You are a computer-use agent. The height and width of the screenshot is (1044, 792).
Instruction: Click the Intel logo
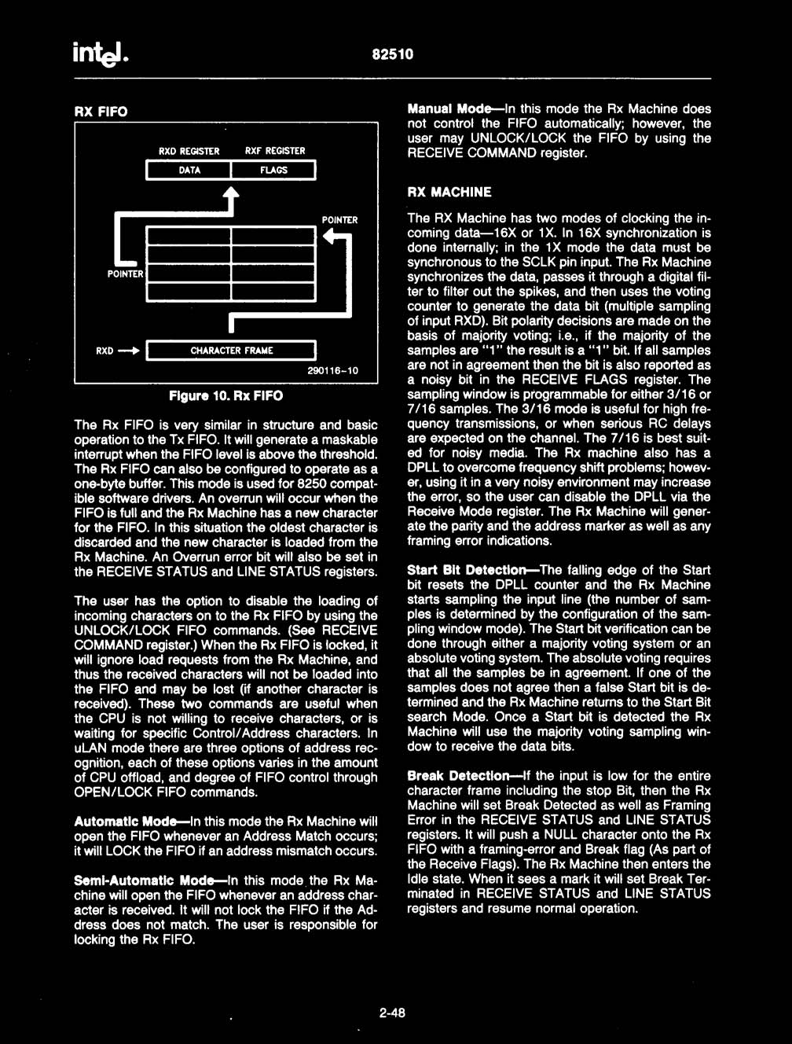click(100, 53)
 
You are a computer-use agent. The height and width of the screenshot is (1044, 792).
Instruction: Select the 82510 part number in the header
click(392, 54)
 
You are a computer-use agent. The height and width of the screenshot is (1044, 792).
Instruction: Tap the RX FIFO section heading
click(101, 112)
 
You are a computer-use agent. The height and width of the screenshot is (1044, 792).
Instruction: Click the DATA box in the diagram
click(189, 171)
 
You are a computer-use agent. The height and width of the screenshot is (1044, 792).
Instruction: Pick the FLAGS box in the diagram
click(273, 171)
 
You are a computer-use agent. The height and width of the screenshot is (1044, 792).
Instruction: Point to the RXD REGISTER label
click(189, 151)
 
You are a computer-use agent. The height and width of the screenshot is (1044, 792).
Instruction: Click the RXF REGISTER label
click(275, 151)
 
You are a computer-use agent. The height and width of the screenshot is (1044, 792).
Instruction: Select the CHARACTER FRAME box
click(231, 351)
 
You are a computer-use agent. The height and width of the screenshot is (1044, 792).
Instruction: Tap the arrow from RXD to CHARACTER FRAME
click(129, 351)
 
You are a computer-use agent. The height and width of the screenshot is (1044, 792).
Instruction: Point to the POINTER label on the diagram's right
click(339, 220)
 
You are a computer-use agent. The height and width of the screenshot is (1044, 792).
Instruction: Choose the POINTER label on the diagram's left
click(125, 274)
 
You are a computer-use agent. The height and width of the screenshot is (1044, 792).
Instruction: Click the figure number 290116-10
click(332, 370)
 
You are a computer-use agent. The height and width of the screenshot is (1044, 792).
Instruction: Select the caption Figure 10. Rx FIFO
click(225, 395)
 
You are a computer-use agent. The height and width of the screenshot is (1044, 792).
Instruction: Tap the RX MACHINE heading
click(449, 192)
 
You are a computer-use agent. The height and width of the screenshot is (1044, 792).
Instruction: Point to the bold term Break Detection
click(458, 776)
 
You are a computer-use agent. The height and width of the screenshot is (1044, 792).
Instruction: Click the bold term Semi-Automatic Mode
click(144, 880)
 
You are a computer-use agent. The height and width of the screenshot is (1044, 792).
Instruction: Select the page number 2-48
click(392, 1013)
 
